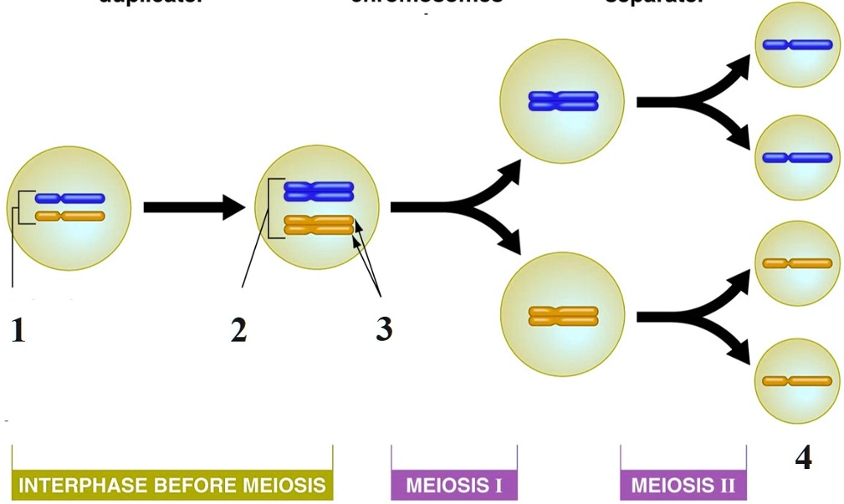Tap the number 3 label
tap(383, 328)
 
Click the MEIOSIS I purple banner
tap(453, 485)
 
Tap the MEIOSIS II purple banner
tap(683, 485)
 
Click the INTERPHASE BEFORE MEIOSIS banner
tap(171, 485)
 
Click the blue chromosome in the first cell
tap(70, 198)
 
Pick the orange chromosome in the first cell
tap(70, 216)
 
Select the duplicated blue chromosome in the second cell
tap(319, 191)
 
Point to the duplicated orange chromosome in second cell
tap(319, 225)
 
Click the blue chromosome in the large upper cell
tap(563, 101)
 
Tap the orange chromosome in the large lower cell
tap(563, 316)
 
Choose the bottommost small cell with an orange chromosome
tap(797, 381)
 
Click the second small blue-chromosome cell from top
tap(797, 157)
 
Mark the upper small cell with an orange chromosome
tap(797, 263)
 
